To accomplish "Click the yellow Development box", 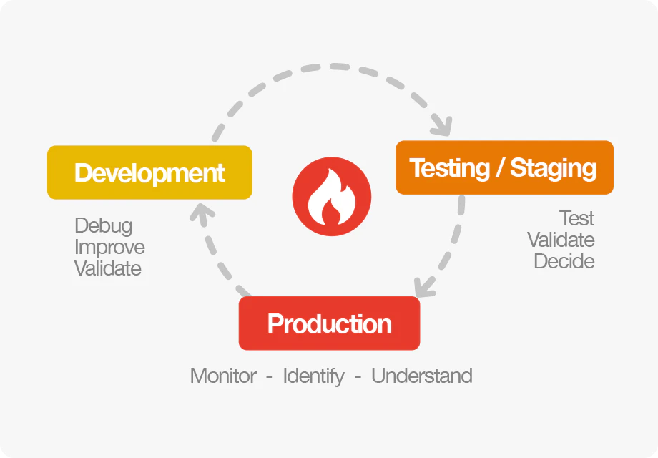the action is (x=149, y=172).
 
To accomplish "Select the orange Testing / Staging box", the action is (x=504, y=167).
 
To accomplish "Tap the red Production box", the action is (x=330, y=323).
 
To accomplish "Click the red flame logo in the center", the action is (x=332, y=197).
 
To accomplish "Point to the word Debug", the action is (x=104, y=226).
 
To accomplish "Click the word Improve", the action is (x=109, y=248).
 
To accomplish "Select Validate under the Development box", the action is (x=108, y=268).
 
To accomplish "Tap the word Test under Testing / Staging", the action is (x=577, y=218).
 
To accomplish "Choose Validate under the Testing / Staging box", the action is (x=561, y=240).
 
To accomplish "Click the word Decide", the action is (x=564, y=261).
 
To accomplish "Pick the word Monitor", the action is (x=223, y=375).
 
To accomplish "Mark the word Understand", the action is (x=422, y=375).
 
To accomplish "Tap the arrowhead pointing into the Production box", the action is (x=424, y=288).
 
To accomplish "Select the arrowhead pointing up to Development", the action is (x=202, y=213).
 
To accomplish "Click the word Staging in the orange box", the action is (x=553, y=169).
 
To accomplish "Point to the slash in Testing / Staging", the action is (x=500, y=167).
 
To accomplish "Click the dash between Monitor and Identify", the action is (x=270, y=376).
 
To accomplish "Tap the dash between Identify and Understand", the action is (x=358, y=376).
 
